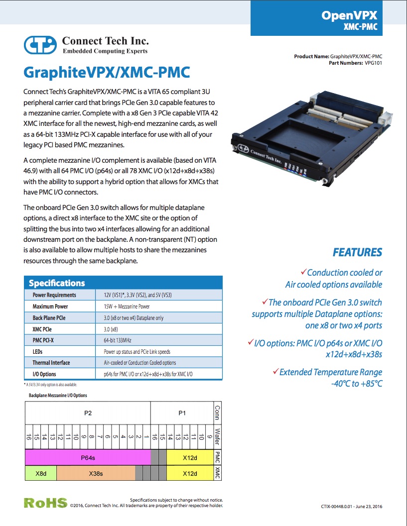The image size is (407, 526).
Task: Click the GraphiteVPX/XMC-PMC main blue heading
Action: [107, 72]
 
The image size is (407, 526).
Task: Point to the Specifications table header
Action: [57, 283]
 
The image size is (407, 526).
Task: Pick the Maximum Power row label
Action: [50, 307]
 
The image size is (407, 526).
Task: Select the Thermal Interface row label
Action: [51, 363]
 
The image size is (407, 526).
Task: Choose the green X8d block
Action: [41, 474]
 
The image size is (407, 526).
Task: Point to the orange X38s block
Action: [96, 474]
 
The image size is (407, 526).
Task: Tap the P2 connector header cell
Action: [88, 413]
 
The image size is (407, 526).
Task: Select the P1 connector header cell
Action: [182, 413]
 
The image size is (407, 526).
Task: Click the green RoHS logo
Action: [45, 503]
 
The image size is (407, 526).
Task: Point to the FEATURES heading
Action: [357, 252]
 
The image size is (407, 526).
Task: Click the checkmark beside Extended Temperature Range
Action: [275, 371]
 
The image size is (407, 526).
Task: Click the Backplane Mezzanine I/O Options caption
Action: [58, 396]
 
